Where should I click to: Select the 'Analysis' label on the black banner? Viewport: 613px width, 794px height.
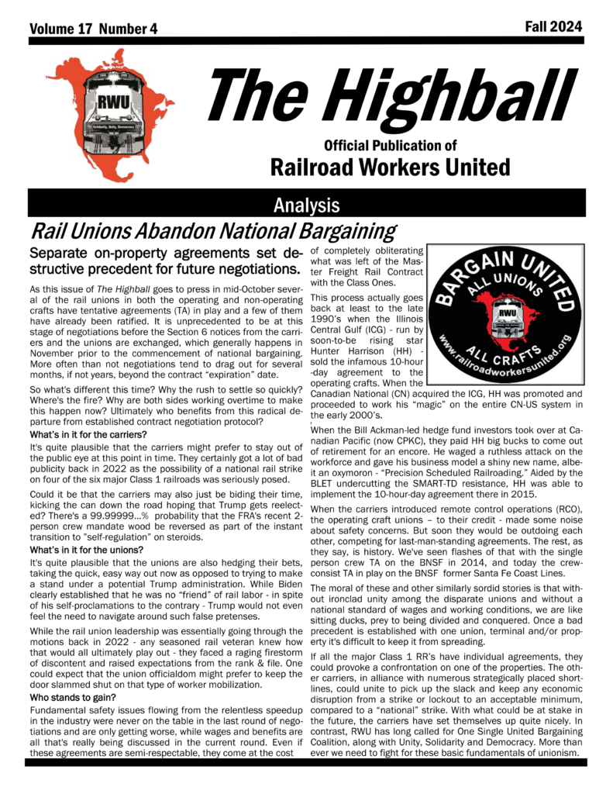click(306, 205)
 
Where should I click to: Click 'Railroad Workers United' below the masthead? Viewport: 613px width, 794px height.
click(390, 166)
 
